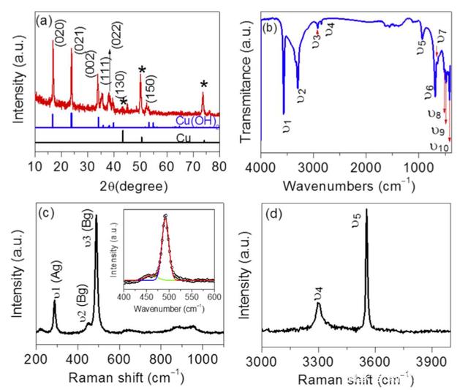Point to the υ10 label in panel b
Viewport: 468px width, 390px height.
pyautogui.click(x=439, y=147)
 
